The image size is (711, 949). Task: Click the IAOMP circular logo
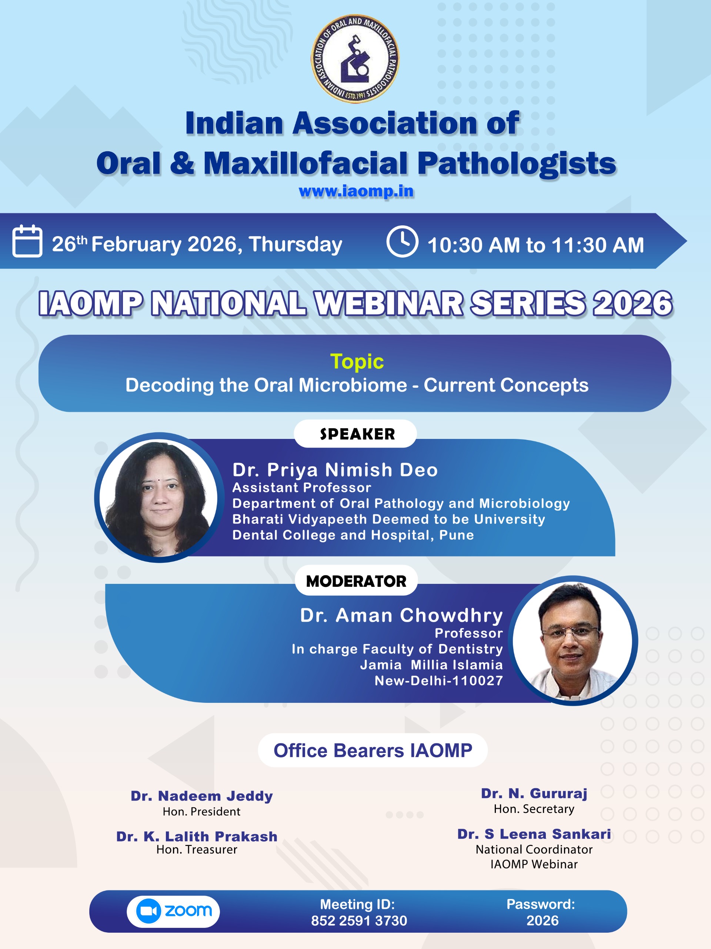355,59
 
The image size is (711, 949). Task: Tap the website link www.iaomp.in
356,191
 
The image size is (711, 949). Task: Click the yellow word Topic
357,361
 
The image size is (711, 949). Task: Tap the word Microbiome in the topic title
353,385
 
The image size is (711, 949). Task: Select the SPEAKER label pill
355,434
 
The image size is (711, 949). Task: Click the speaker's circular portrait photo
159,497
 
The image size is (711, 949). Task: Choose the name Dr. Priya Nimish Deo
335,470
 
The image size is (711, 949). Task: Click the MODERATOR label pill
356,581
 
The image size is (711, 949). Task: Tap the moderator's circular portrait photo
573,641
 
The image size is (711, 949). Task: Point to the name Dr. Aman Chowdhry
401,615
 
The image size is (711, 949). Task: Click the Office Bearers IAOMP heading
373,750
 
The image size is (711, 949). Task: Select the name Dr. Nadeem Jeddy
202,796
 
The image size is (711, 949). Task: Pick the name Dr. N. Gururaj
534,794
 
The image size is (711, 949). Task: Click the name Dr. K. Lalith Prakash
197,836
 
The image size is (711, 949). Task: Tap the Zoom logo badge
174,911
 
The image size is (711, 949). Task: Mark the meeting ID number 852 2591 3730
359,920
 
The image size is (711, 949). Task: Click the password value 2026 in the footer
543,920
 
